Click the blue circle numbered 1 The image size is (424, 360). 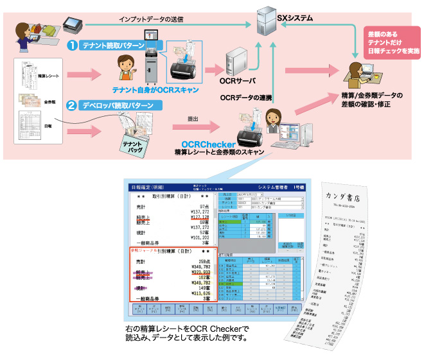coord(73,45)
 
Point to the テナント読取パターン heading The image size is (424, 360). coord(114,46)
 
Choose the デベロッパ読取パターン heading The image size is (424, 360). coord(119,107)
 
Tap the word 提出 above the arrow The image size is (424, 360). coord(193,119)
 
